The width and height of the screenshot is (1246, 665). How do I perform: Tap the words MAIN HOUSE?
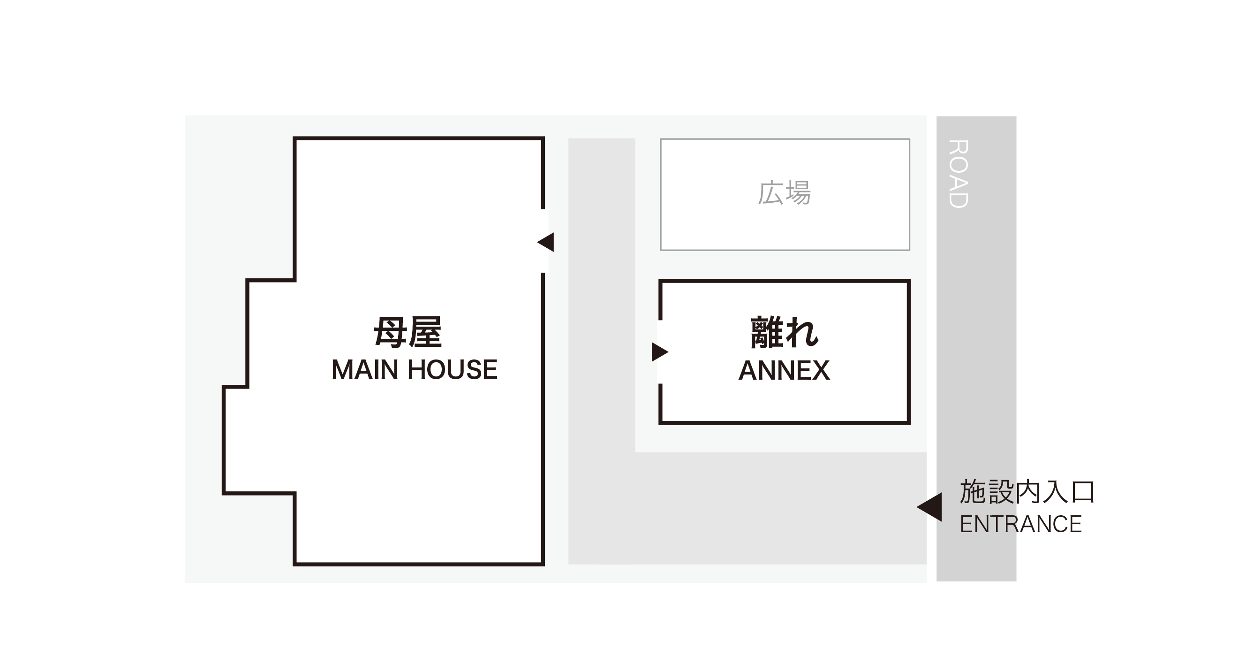415,370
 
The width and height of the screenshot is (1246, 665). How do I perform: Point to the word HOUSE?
453,370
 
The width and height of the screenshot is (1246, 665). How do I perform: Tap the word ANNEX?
784,371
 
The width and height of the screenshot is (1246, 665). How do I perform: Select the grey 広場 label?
784,192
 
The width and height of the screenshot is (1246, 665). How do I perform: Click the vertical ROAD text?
958,174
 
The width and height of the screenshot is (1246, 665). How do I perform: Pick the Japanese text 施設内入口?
1027,492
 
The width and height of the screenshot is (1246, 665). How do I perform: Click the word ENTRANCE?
1020,524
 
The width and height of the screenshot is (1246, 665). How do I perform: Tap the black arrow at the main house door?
545,242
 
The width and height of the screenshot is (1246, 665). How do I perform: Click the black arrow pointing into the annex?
660,352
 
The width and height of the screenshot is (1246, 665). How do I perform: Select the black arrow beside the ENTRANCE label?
929,507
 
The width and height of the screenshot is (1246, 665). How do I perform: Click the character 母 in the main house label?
390,332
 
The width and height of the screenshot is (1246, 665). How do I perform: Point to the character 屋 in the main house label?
425,332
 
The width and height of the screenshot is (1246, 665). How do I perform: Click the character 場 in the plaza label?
798,192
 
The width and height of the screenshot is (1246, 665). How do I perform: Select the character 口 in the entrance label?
1083,492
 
